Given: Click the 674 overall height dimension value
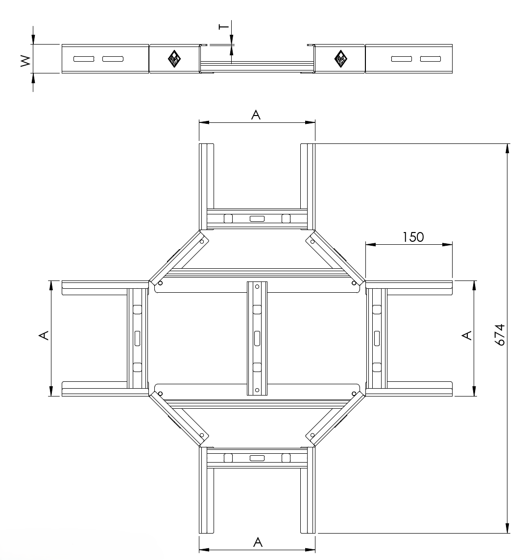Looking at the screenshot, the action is point(500,335).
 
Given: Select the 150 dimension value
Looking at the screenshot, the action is point(413,237).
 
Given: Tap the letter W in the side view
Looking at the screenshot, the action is point(26,61).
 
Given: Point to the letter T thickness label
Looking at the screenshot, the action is point(224,26).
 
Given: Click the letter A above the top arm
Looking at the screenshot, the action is point(256,115).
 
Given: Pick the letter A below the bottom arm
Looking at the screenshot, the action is point(258,542).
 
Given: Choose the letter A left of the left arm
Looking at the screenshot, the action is point(44,335).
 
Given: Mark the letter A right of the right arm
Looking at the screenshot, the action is point(467,335).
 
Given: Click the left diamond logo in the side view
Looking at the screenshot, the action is point(174,59).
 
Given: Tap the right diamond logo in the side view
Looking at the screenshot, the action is point(340,59).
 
